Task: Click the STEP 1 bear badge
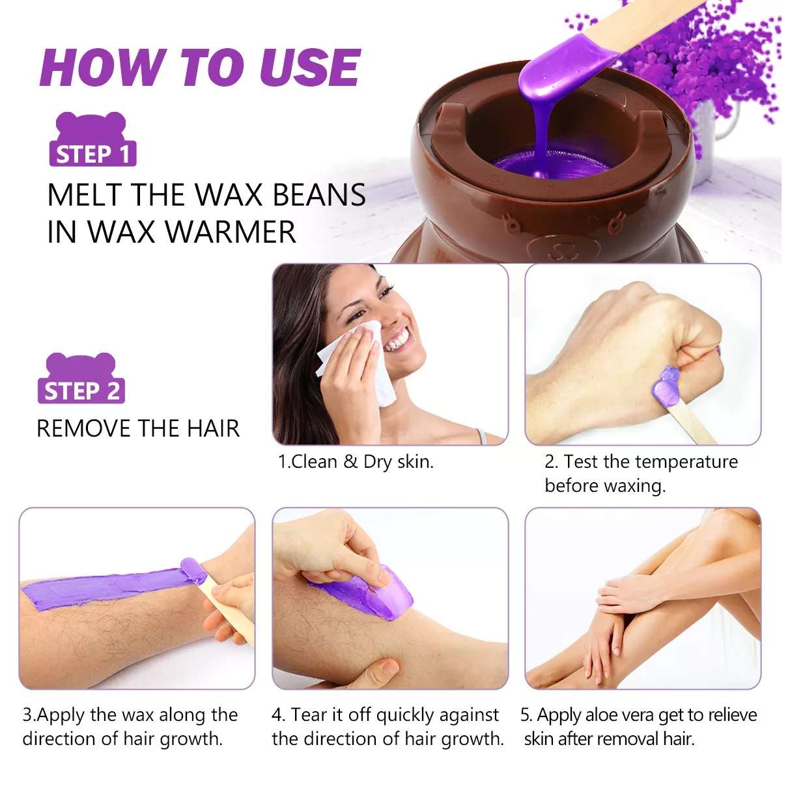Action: pyautogui.click(x=92, y=139)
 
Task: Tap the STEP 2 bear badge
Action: pyautogui.click(x=81, y=378)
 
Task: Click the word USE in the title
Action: pyautogui.click(x=309, y=68)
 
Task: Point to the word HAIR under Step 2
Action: pyautogui.click(x=213, y=428)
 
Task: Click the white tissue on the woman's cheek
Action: pyautogui.click(x=357, y=363)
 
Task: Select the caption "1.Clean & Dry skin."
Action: pyautogui.click(x=356, y=462)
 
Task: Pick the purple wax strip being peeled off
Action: pyautogui.click(x=363, y=593)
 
